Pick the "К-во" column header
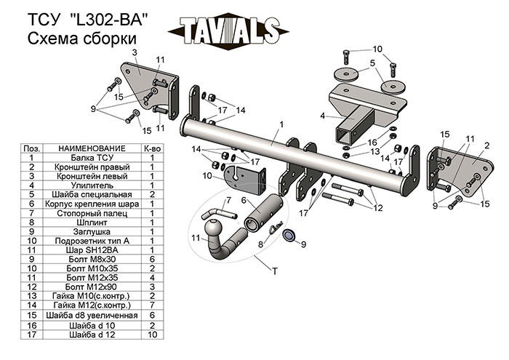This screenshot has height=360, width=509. coord(152,148)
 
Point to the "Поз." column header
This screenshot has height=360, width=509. coord(33,148)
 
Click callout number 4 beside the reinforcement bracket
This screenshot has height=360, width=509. coord(321,115)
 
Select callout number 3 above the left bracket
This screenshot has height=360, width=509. coord(135,52)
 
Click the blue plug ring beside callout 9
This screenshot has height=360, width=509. coord(289,234)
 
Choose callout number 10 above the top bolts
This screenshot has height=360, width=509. coord(377,49)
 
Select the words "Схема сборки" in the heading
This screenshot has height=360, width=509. coord(81,38)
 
